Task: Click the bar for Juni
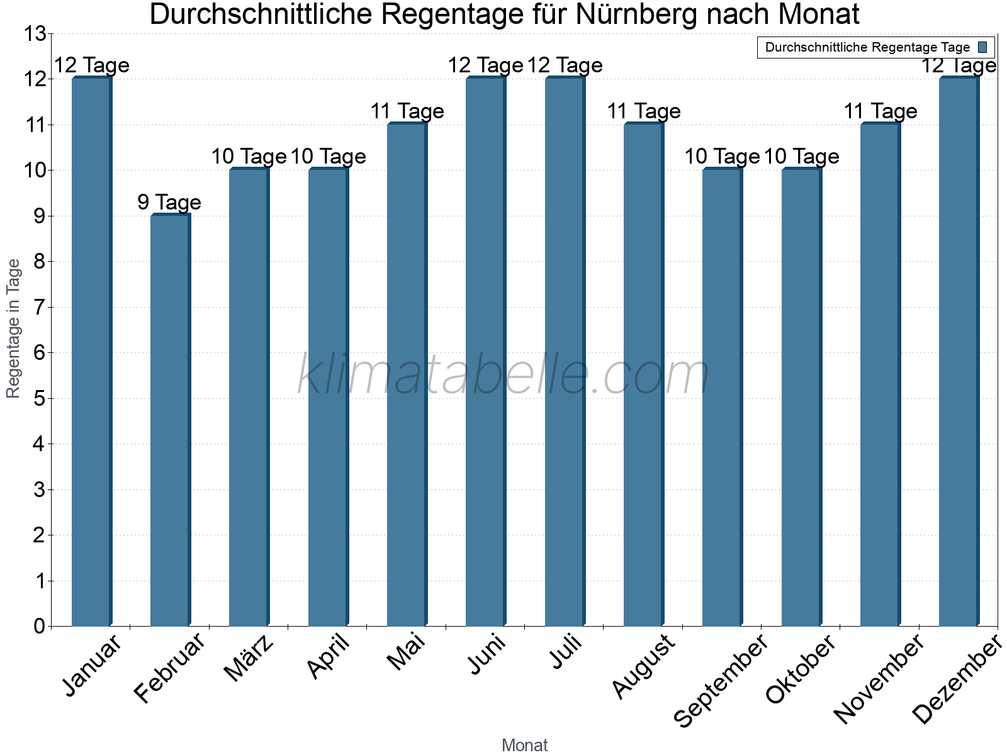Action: (485, 352)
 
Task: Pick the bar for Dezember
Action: (959, 352)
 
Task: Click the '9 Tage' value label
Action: (169, 203)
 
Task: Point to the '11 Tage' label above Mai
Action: (407, 111)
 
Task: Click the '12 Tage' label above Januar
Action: (91, 65)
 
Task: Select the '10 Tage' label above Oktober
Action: (801, 157)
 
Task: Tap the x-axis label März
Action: (249, 658)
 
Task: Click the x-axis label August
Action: (643, 666)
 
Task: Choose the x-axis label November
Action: (879, 679)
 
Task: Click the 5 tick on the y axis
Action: (40, 398)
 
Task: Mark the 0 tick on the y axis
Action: (40, 626)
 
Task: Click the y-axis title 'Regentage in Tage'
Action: (13, 328)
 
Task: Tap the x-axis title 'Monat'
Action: (524, 745)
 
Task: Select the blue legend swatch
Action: (982, 47)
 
